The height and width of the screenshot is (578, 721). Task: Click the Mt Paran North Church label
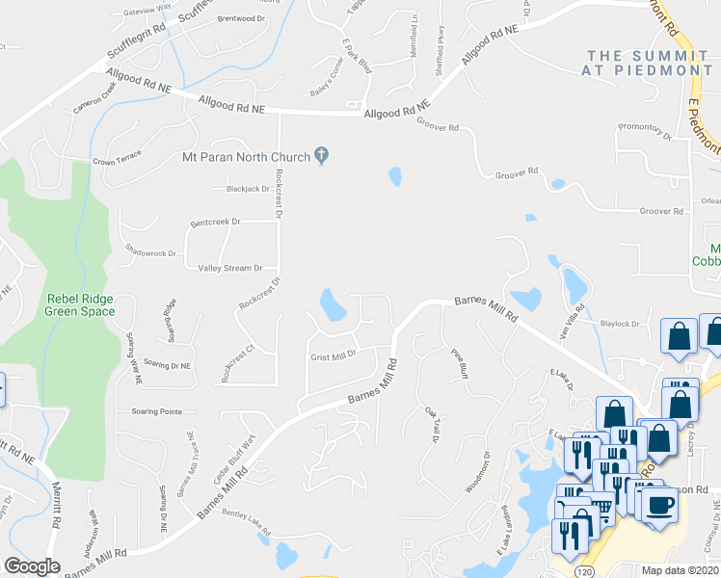point(246,157)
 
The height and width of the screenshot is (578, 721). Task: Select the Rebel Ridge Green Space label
point(80,304)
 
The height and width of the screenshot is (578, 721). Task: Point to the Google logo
point(33,566)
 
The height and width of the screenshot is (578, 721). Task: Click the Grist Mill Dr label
point(334,355)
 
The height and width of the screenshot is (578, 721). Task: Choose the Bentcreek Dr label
point(214,222)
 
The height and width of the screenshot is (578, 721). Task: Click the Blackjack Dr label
point(245,189)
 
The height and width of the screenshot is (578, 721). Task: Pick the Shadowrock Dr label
point(151,253)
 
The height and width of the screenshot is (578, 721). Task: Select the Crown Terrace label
point(117,157)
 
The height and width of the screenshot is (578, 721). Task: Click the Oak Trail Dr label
point(432,424)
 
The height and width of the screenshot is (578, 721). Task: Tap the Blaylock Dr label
point(620,324)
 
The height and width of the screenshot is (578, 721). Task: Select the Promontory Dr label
point(643,131)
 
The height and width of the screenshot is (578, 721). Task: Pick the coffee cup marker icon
point(659,506)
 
